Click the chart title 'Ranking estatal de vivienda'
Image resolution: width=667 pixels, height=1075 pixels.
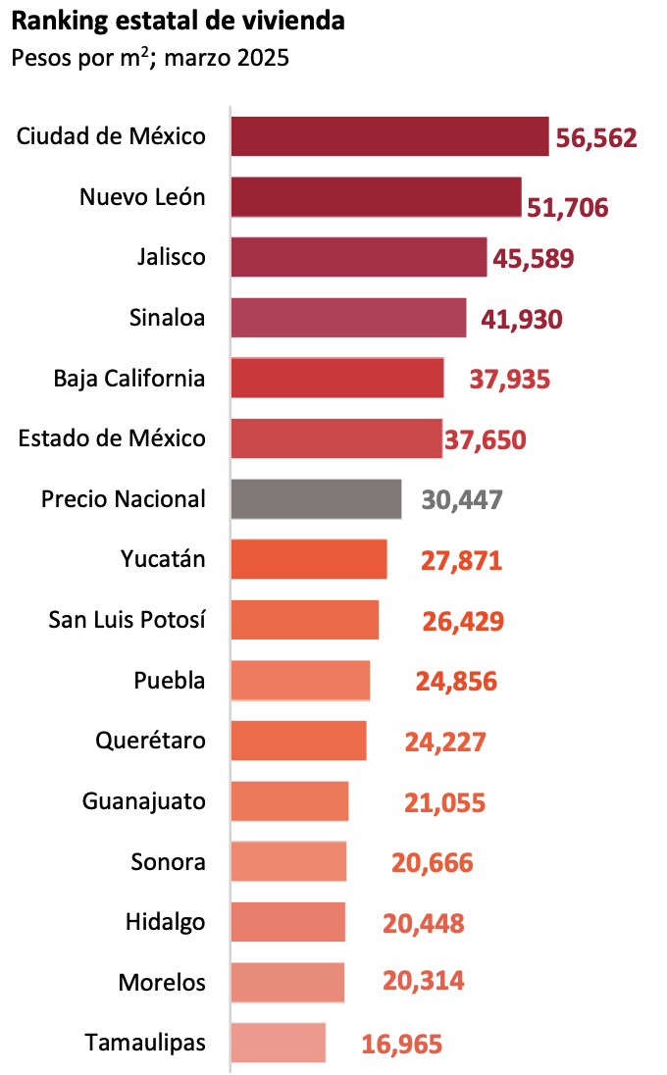(179, 21)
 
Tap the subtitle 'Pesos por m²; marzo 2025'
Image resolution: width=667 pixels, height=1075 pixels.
(150, 58)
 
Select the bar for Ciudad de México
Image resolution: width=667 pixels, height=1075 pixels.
(389, 136)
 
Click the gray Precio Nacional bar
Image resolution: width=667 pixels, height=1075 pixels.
(316, 499)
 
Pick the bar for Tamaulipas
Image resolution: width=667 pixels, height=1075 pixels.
(278, 1043)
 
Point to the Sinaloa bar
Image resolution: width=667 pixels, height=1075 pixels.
(348, 318)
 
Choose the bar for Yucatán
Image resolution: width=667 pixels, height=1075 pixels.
(309, 560)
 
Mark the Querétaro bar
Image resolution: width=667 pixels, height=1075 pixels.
(298, 741)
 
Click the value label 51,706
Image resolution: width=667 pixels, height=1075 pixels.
(568, 207)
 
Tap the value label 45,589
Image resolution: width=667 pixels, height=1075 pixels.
(534, 259)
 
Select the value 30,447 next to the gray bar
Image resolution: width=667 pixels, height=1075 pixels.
(462, 500)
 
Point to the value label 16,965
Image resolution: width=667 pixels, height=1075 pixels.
(402, 1044)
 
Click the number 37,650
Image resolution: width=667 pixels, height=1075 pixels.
(486, 440)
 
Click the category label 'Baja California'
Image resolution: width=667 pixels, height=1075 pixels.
(129, 379)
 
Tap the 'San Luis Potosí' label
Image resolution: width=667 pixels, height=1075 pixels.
(128, 620)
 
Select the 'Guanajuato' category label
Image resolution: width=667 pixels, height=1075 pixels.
(144, 801)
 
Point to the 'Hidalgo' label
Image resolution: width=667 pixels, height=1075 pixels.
(166, 922)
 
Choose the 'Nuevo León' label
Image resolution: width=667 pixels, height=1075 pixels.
(142, 197)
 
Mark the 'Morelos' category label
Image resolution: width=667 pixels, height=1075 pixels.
(162, 982)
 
